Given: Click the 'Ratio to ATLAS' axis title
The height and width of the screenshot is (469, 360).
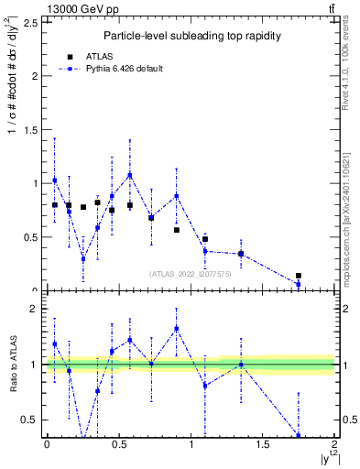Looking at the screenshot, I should pyautogui.click(x=13, y=364).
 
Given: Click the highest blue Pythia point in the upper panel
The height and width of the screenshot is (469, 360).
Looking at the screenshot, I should pyautogui.click(x=130, y=175).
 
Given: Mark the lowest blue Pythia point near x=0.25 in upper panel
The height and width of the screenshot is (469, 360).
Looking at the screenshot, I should pyautogui.click(x=83, y=258).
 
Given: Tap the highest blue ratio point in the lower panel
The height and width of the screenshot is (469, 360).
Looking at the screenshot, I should pyautogui.click(x=177, y=328).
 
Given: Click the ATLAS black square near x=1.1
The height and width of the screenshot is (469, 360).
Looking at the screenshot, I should pyautogui.click(x=205, y=239).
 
